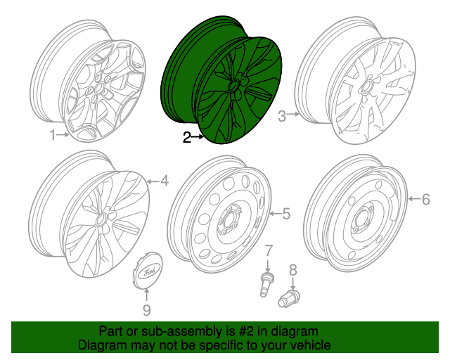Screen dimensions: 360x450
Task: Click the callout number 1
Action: click(52, 136)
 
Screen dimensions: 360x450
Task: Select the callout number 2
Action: click(187, 139)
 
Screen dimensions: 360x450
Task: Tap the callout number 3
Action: click(282, 117)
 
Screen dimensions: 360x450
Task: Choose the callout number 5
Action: click(285, 213)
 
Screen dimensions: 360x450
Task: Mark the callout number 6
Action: click(425, 199)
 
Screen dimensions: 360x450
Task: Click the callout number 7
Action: click(268, 251)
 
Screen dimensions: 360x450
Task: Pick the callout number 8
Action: click(293, 269)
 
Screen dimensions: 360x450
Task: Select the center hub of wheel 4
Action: click(101, 219)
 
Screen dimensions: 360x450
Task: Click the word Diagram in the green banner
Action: click(101, 346)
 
